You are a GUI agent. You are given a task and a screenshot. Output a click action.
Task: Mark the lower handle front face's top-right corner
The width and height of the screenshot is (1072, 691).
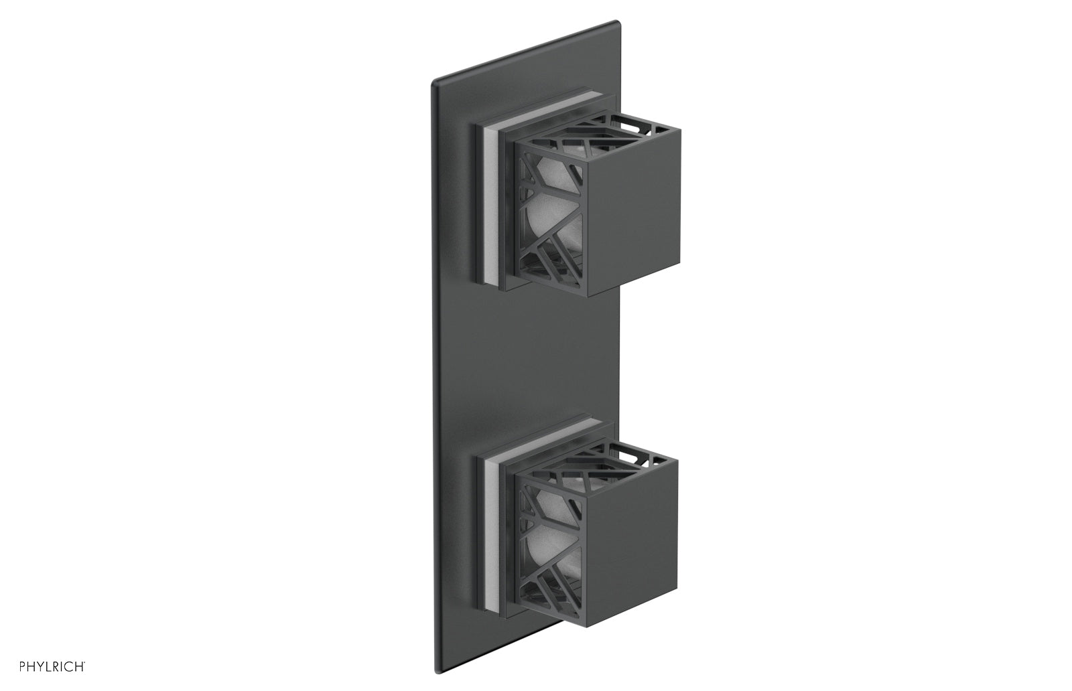679,459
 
